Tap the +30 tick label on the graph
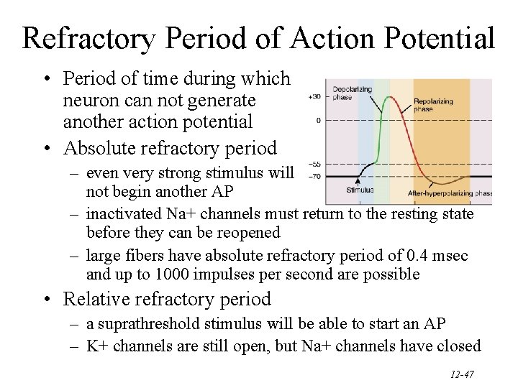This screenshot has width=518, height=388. (x=314, y=96)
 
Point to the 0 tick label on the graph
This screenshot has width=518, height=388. (x=318, y=120)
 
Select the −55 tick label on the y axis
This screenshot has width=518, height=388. (x=314, y=164)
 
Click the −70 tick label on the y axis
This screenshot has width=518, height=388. (x=314, y=175)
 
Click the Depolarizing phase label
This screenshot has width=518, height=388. (x=351, y=93)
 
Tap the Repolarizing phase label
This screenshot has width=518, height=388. (x=433, y=106)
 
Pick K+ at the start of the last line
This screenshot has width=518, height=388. (x=97, y=346)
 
